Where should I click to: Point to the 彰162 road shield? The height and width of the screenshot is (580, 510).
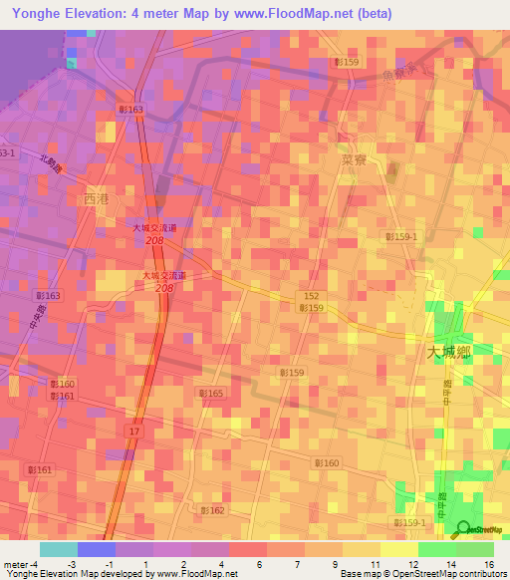coord(212,509)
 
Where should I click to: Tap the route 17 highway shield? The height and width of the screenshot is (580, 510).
coord(134,430)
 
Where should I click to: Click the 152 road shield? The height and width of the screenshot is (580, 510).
coord(312,296)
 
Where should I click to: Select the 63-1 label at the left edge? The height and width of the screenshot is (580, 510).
coord(7,152)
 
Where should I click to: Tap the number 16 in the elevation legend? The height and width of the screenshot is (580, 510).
coord(489,563)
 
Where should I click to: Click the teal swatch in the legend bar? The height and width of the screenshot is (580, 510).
coord(58,549)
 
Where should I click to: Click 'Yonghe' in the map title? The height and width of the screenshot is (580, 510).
coord(37,14)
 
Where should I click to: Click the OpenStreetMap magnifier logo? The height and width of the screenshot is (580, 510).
coord(463,529)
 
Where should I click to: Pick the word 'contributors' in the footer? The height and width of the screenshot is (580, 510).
coord(482,574)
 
